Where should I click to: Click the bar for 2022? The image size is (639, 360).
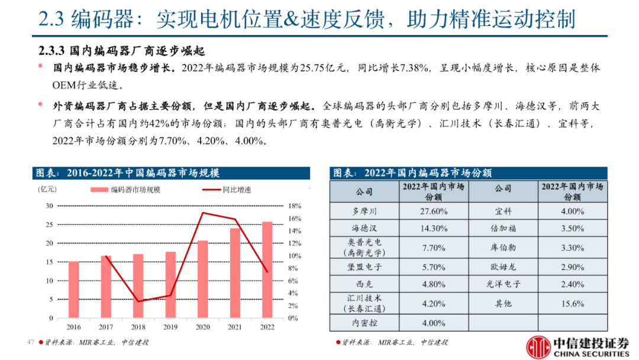[x=267, y=270]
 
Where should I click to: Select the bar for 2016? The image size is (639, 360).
[x=73, y=290]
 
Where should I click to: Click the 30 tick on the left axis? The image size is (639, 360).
[x=49, y=206]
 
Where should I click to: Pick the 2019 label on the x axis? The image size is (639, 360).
[x=170, y=327]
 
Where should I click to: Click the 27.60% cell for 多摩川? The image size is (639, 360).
[x=434, y=211]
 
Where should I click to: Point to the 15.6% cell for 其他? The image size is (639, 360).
[x=572, y=304]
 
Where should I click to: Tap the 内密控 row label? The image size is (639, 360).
[x=364, y=323]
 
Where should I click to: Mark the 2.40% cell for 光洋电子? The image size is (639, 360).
[x=572, y=284]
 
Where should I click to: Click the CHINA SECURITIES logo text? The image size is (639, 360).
[x=589, y=353]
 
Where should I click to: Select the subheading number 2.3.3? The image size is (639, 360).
[x=52, y=50]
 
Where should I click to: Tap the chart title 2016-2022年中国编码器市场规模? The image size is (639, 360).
[x=143, y=173]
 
